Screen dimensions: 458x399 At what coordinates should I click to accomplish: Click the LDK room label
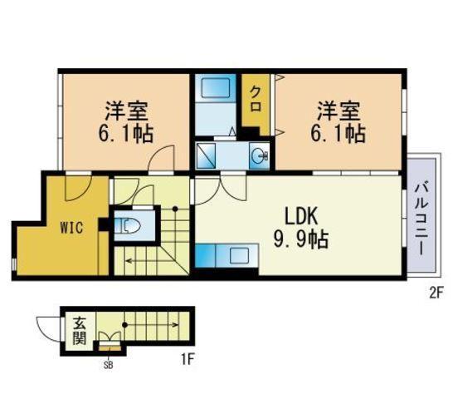pyautogui.click(x=301, y=216)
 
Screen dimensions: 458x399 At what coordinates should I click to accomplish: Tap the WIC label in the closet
pyautogui.click(x=71, y=228)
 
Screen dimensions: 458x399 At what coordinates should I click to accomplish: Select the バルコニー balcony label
pyautogui.click(x=421, y=219)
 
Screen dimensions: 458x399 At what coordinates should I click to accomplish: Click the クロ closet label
pyautogui.click(x=256, y=99)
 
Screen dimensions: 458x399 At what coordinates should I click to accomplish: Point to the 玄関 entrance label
pyautogui.click(x=79, y=331)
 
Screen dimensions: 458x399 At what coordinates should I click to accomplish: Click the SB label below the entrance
pyautogui.click(x=108, y=365)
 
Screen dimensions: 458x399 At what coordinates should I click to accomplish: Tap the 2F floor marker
pyautogui.click(x=436, y=293)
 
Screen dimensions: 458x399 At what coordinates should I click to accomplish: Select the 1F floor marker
pyautogui.click(x=188, y=359)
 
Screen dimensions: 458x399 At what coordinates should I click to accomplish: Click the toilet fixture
pyautogui.click(x=127, y=226)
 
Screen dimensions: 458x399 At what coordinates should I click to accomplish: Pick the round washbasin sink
pyautogui.click(x=259, y=155)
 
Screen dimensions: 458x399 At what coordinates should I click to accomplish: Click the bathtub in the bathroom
pyautogui.click(x=215, y=87)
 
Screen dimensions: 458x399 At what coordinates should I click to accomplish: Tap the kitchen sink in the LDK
pyautogui.click(x=239, y=255)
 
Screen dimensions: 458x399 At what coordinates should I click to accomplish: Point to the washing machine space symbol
pyautogui.click(x=207, y=155)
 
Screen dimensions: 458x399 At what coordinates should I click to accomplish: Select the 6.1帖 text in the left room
pyautogui.click(x=126, y=134)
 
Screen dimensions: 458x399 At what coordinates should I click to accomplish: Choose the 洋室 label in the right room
pyautogui.click(x=339, y=111)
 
